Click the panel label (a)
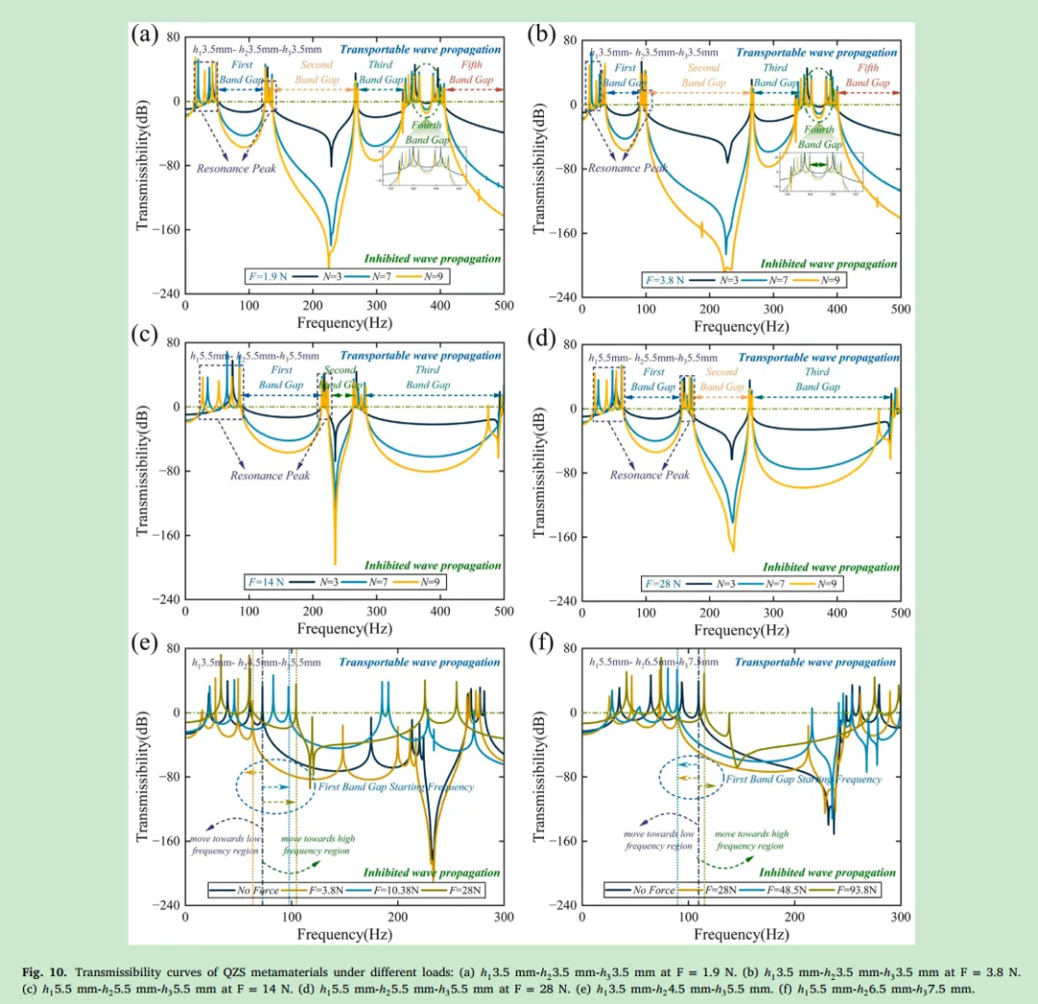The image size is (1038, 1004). (144, 37)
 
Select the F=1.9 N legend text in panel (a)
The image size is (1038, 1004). (268, 275)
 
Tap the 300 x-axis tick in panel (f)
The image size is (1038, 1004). (900, 917)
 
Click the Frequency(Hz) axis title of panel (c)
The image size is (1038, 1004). (344, 629)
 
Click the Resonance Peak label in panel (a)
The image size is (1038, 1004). (236, 168)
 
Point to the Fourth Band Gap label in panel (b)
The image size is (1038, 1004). (819, 137)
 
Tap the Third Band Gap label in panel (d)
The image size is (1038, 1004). (817, 379)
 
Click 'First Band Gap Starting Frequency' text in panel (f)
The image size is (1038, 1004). (803, 779)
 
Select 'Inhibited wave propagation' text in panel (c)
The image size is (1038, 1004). (432, 565)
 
